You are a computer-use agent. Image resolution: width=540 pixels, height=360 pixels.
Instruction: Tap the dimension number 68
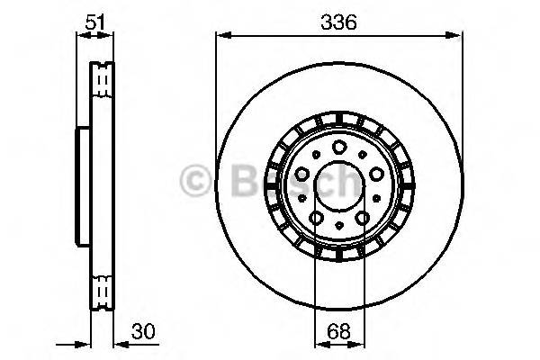point(341,329)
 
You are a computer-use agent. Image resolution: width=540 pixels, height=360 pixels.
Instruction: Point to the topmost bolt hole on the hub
point(337,148)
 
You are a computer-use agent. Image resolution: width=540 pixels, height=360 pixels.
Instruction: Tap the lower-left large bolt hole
point(316,218)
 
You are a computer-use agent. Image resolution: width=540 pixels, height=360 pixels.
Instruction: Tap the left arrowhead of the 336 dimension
point(221,36)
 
